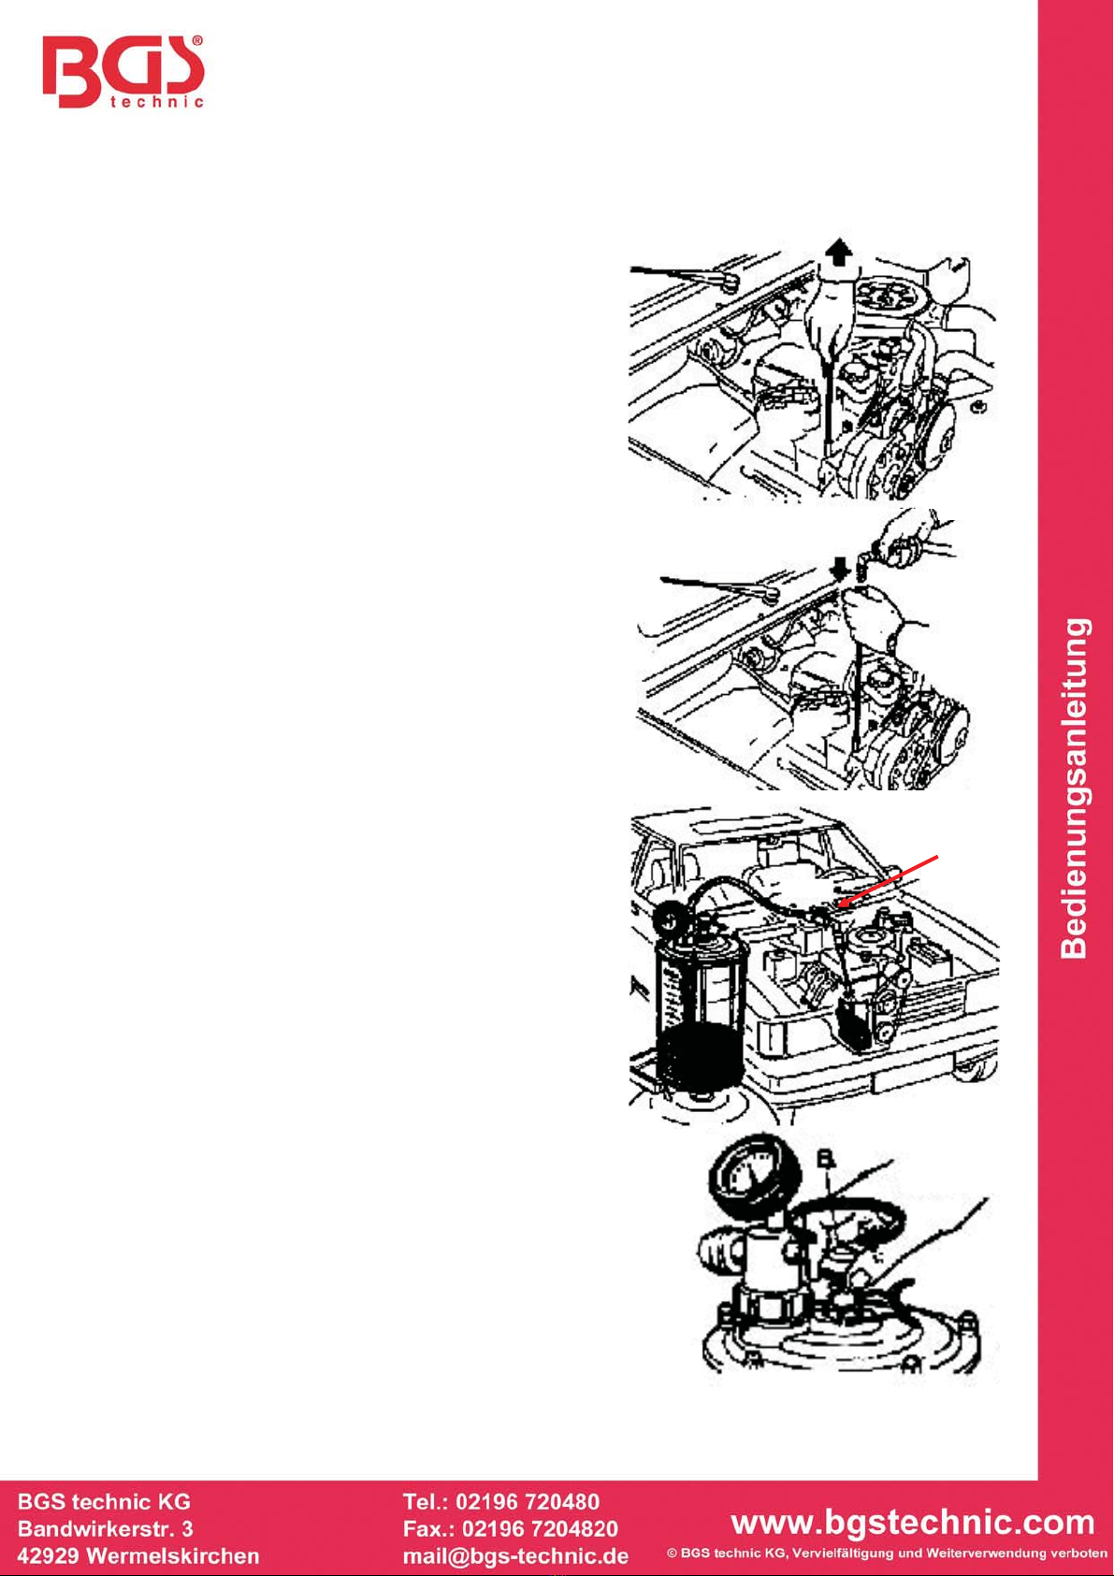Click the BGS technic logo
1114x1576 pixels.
[123, 71]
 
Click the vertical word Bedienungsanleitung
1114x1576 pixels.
[1075, 788]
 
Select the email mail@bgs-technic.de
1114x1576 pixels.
[515, 1554]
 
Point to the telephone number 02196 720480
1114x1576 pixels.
[528, 1501]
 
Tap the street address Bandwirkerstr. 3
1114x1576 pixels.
[106, 1528]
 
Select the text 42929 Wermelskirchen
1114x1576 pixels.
[138, 1554]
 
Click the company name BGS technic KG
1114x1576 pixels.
[104, 1501]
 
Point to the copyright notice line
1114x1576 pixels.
[888, 1553]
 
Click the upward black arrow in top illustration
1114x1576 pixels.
[838, 252]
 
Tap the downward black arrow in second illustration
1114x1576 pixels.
[840, 569]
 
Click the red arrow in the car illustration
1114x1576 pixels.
[888, 880]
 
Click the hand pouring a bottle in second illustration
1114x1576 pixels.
[908, 537]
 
